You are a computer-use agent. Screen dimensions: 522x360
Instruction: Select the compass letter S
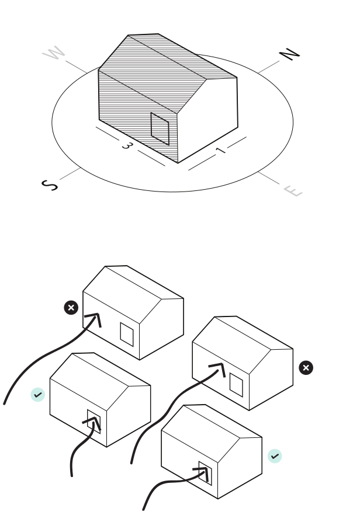[50, 185]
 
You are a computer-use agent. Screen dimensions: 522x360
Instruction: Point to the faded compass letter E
[293, 190]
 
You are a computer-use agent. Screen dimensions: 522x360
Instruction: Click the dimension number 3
[126, 145]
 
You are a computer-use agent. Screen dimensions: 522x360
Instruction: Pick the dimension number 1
[220, 150]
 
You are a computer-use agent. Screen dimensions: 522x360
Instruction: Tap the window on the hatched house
[160, 128]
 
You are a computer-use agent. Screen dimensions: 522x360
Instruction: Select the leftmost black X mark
[71, 308]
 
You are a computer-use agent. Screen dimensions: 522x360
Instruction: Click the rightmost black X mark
[306, 367]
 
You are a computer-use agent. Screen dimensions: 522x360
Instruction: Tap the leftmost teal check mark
[38, 395]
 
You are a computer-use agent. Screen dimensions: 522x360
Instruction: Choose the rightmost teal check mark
[275, 456]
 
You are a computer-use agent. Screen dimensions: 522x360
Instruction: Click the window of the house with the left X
[127, 333]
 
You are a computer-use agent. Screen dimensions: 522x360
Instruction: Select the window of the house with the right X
[236, 384]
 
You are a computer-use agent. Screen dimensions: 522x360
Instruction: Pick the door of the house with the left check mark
[94, 420]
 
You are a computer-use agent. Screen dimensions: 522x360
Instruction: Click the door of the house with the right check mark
[205, 473]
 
